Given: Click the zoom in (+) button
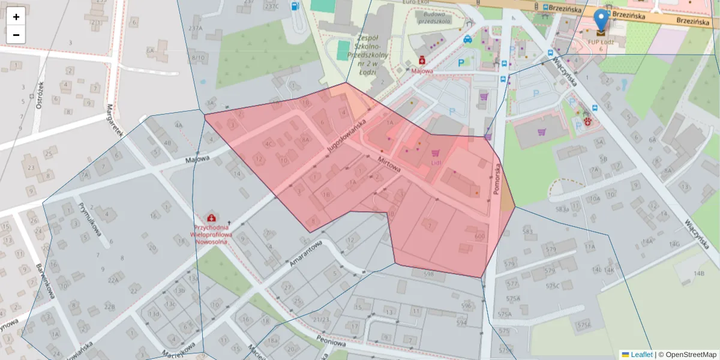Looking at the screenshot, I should (x=16, y=17).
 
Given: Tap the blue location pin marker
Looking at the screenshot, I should (x=601, y=20).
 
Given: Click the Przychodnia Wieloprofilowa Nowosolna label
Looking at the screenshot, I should (x=211, y=235).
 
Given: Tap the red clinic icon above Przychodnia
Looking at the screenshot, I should (x=211, y=217).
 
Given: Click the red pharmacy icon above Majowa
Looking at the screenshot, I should (x=422, y=61).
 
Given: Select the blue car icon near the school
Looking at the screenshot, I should (x=467, y=39).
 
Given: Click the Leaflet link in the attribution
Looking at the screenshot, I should (x=641, y=355).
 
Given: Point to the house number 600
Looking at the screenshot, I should (x=479, y=236).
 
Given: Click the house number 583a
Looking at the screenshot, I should (x=562, y=209).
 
